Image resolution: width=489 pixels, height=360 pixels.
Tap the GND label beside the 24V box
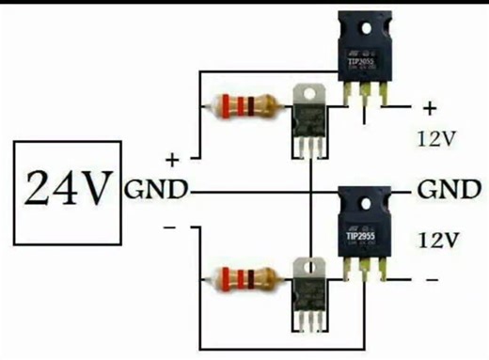coord(155,190)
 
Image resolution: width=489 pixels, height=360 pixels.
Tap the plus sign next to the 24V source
coord(172,156)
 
